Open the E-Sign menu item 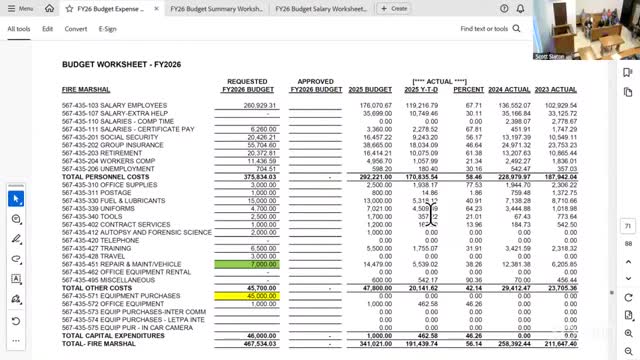108,29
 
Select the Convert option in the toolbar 76,29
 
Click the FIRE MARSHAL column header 88,90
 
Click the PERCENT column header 468,90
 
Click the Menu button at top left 20,8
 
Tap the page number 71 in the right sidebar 628,227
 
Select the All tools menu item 19,29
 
